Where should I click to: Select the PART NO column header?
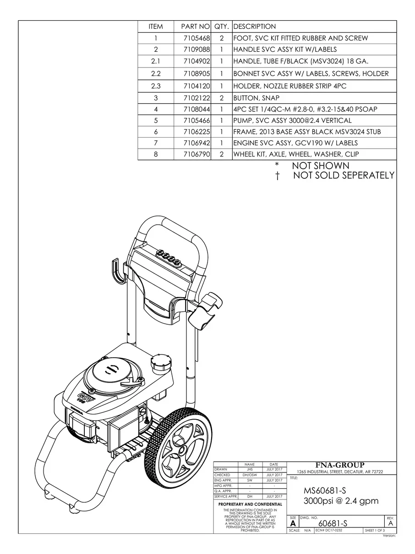196,27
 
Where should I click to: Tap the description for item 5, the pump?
292,121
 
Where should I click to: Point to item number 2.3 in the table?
156,86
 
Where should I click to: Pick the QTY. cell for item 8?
222,154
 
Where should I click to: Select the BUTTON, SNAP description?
257,98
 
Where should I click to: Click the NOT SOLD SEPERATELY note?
343,176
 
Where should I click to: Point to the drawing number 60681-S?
333,524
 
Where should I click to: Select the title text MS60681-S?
322,491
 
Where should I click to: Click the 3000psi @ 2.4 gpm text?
341,501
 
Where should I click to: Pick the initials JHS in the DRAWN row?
250,470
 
